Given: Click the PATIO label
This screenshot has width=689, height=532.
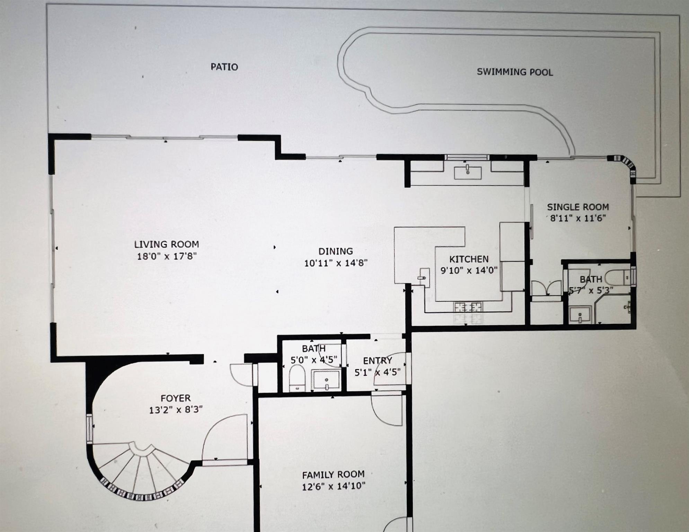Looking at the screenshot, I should (x=224, y=67).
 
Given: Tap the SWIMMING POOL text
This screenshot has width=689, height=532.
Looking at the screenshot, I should (x=515, y=72).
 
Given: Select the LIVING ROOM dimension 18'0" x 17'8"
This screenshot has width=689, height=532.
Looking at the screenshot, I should (x=167, y=257).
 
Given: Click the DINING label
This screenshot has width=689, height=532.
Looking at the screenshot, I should (x=335, y=251).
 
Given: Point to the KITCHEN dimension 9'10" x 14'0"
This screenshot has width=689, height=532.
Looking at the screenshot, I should (x=469, y=270).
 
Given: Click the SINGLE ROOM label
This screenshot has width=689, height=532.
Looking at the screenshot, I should (x=578, y=207).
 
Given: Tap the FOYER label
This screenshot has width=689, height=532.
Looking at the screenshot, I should (x=175, y=398).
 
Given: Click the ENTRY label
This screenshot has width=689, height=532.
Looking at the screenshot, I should (x=377, y=361).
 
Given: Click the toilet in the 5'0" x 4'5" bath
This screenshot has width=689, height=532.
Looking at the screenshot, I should (x=297, y=379).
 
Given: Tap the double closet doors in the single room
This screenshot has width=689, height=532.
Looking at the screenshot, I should (x=546, y=288).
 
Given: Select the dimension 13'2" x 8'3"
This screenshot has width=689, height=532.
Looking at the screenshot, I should (x=175, y=410).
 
